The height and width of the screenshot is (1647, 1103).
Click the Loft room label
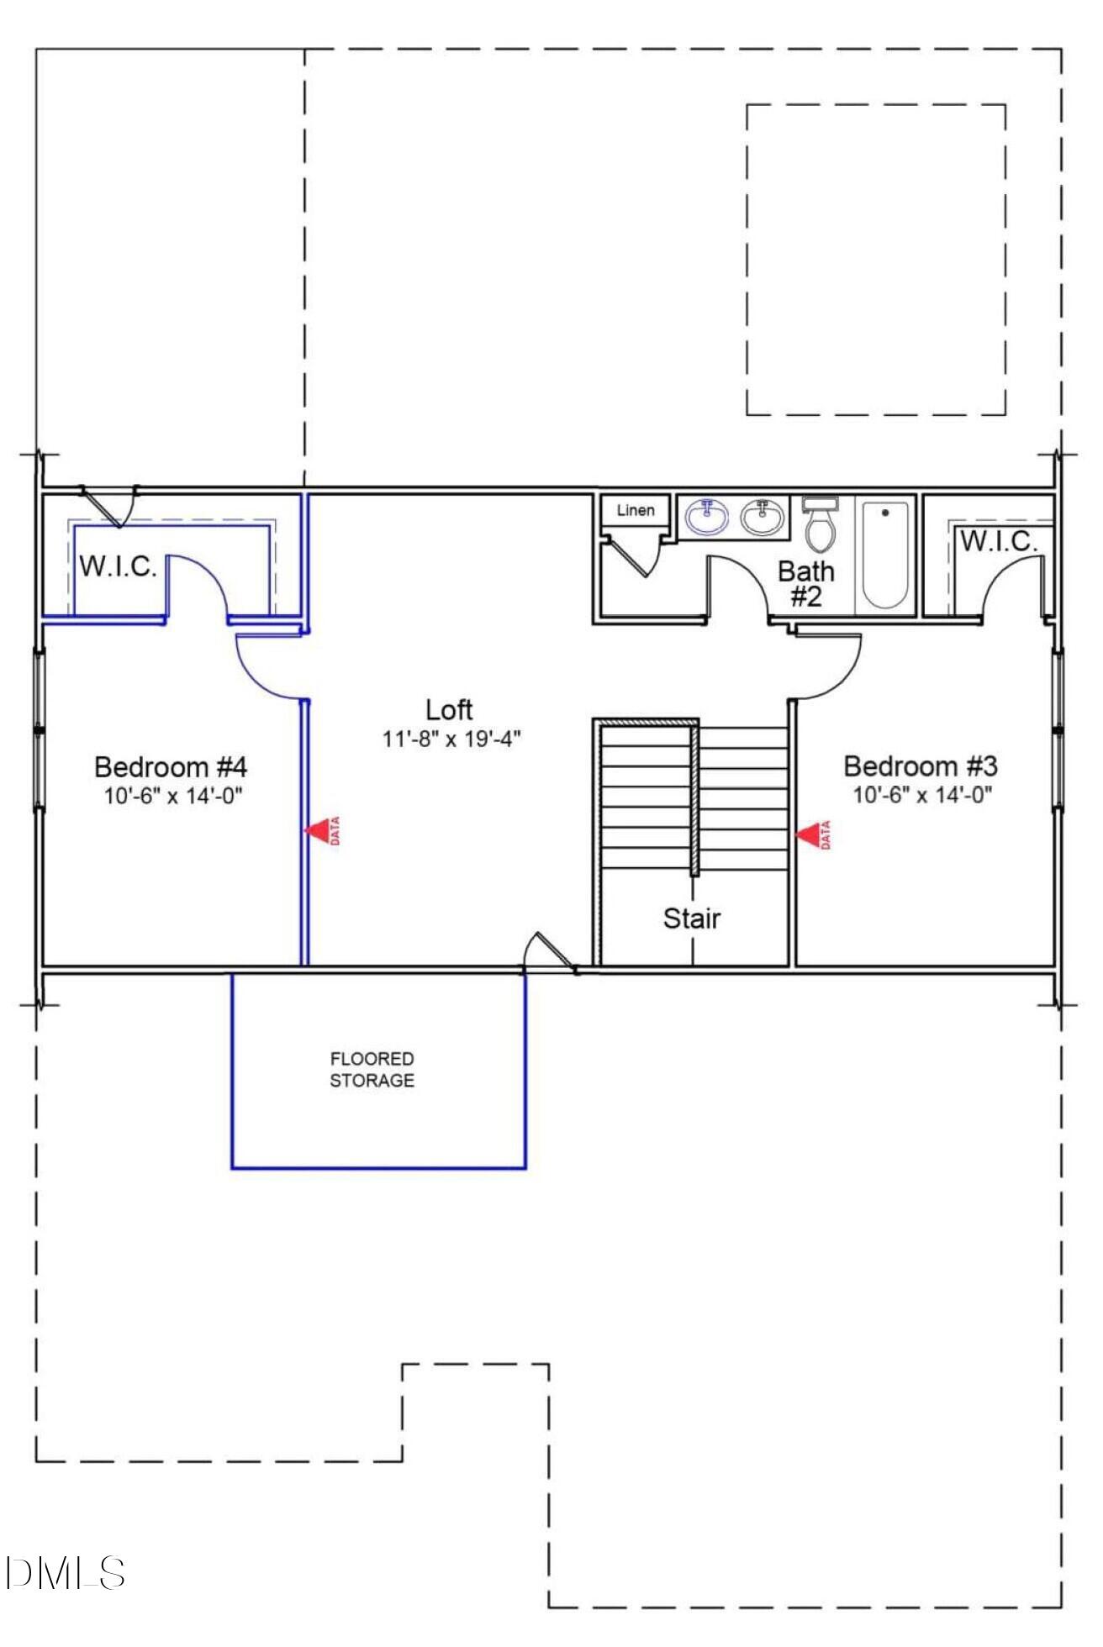[x=449, y=710]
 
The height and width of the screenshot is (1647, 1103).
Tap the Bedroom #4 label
[x=171, y=767]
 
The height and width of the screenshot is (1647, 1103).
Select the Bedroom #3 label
[x=920, y=766]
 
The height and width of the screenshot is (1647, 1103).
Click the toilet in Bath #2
[x=820, y=525]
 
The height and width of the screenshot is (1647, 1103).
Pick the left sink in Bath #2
[x=706, y=517]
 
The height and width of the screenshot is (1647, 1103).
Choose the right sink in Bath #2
[x=763, y=517]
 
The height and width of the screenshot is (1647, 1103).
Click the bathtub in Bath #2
[x=884, y=555]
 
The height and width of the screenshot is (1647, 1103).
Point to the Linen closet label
[x=635, y=510]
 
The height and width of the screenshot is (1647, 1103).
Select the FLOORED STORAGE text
[x=372, y=1070]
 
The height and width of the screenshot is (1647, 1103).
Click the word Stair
[x=691, y=918]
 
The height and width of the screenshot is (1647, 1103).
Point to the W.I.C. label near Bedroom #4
[x=118, y=566]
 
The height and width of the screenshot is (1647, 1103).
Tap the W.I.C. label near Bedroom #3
[x=998, y=542]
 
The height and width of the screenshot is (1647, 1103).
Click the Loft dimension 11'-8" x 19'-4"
[x=451, y=739]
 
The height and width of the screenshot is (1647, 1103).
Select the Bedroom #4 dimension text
[x=173, y=796]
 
